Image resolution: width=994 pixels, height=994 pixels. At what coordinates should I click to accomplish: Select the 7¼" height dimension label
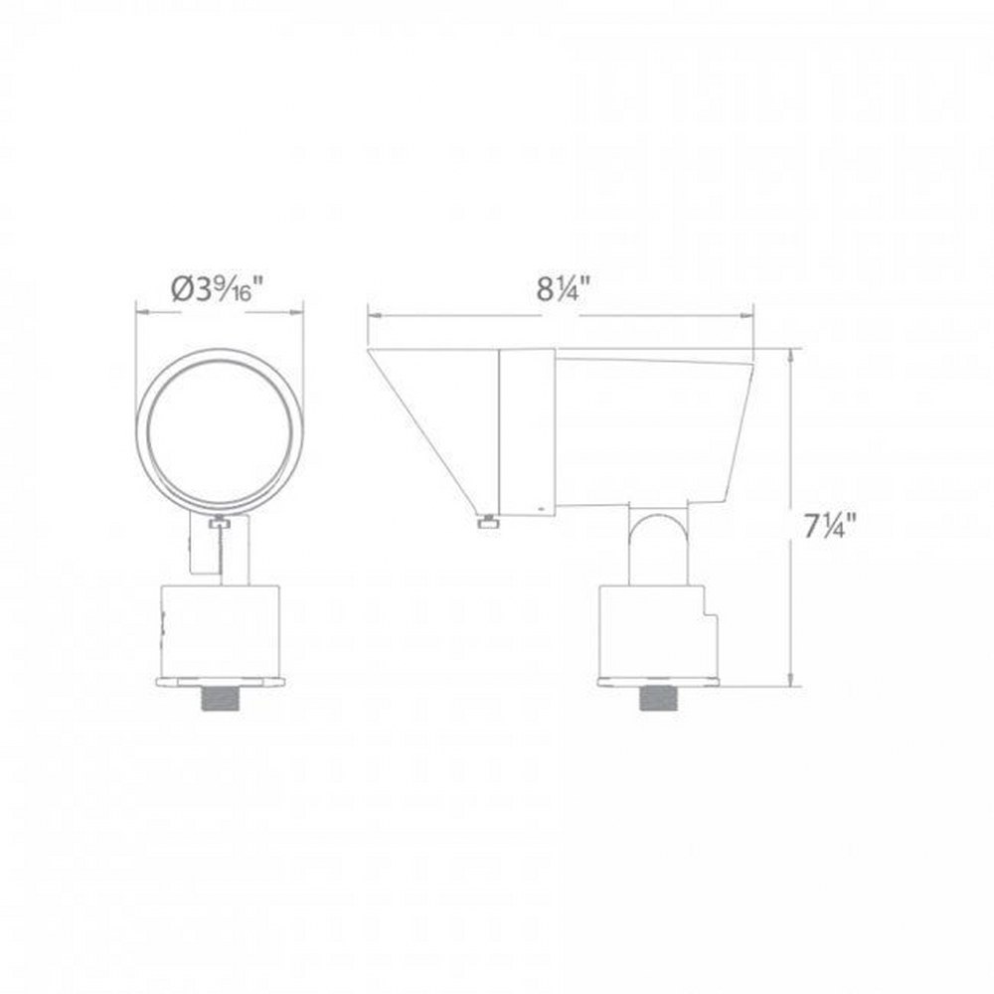[x=830, y=526]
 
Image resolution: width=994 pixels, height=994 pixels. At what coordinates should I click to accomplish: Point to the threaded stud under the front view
[x=220, y=698]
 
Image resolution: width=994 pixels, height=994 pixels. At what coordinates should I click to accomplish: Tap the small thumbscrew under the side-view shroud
[x=489, y=522]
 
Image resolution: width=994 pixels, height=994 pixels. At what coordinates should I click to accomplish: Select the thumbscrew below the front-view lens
[x=220, y=523]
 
